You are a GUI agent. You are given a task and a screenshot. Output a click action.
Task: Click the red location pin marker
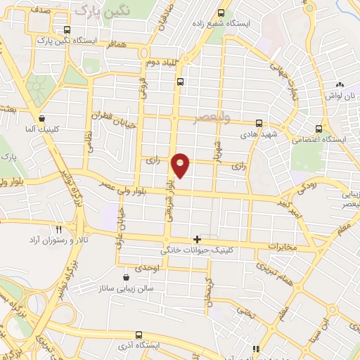(x=181, y=165)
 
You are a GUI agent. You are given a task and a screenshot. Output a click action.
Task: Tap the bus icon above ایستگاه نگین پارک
(x=67, y=30)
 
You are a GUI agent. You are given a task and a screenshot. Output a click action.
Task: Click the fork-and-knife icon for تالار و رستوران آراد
(x=59, y=229)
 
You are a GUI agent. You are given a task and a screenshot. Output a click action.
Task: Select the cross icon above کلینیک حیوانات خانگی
(x=197, y=239)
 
